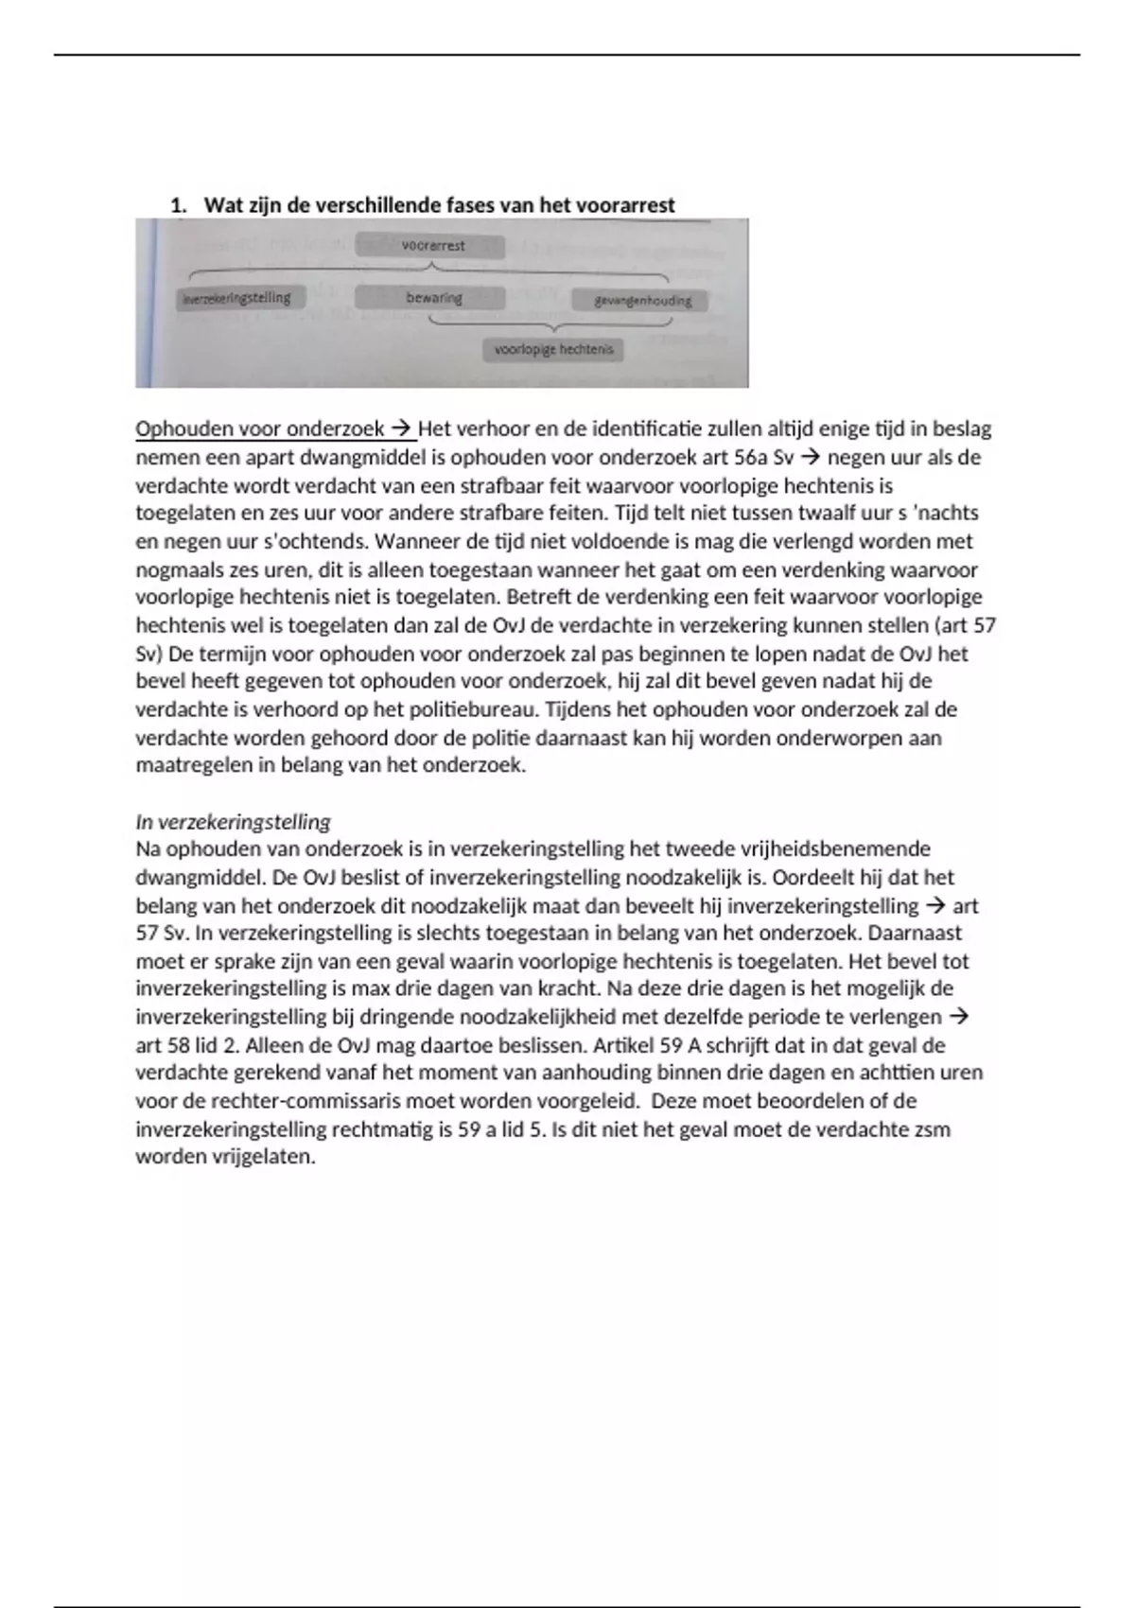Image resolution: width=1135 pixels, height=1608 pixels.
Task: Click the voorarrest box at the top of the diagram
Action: [x=431, y=247]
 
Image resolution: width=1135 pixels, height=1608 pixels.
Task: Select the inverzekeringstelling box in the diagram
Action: [x=236, y=298]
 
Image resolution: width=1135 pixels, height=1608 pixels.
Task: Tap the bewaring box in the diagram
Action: [x=433, y=298]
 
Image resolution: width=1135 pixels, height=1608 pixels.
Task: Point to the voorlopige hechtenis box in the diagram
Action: [x=553, y=350]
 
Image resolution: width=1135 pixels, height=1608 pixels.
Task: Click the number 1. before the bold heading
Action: [x=178, y=205]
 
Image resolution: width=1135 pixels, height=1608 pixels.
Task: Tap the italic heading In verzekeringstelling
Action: [x=233, y=821]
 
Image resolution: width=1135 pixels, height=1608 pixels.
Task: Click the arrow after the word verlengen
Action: [x=959, y=1017]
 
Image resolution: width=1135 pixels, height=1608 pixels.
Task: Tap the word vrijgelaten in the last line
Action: [x=264, y=1157]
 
